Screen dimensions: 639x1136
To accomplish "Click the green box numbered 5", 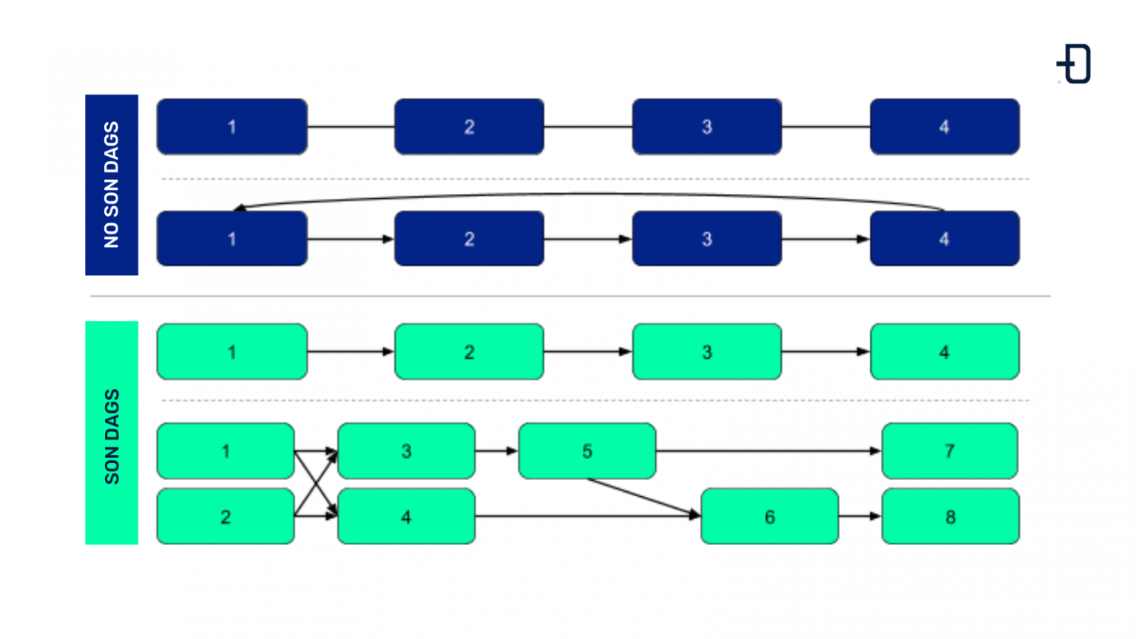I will coord(586,451).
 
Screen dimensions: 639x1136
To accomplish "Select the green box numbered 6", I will coord(769,516).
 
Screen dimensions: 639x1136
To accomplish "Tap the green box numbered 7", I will coord(950,451).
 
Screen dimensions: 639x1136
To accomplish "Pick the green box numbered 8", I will coord(950,516).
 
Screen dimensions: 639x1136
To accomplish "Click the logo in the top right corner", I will coord(1075,64).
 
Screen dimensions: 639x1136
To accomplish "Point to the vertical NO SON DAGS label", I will coord(112,185).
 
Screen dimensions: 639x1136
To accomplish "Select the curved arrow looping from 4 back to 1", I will coord(589,195).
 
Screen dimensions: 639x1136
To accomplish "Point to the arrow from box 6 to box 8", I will coord(859,516).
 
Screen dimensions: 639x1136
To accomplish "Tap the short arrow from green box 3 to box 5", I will coord(496,450).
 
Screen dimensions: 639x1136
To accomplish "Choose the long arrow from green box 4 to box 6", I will coord(587,516).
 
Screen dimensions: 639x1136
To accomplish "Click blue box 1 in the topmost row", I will coord(231,126).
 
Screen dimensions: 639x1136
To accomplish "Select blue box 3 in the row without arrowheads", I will coord(706,126).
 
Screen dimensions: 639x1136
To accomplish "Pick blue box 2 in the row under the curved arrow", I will coord(469,239).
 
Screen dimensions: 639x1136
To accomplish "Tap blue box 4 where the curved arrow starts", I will coord(944,239).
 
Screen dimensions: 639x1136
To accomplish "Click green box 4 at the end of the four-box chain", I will coord(944,352).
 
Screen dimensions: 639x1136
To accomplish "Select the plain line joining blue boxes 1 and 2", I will coord(351,127).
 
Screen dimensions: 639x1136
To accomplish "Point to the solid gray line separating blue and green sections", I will coord(569,296).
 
